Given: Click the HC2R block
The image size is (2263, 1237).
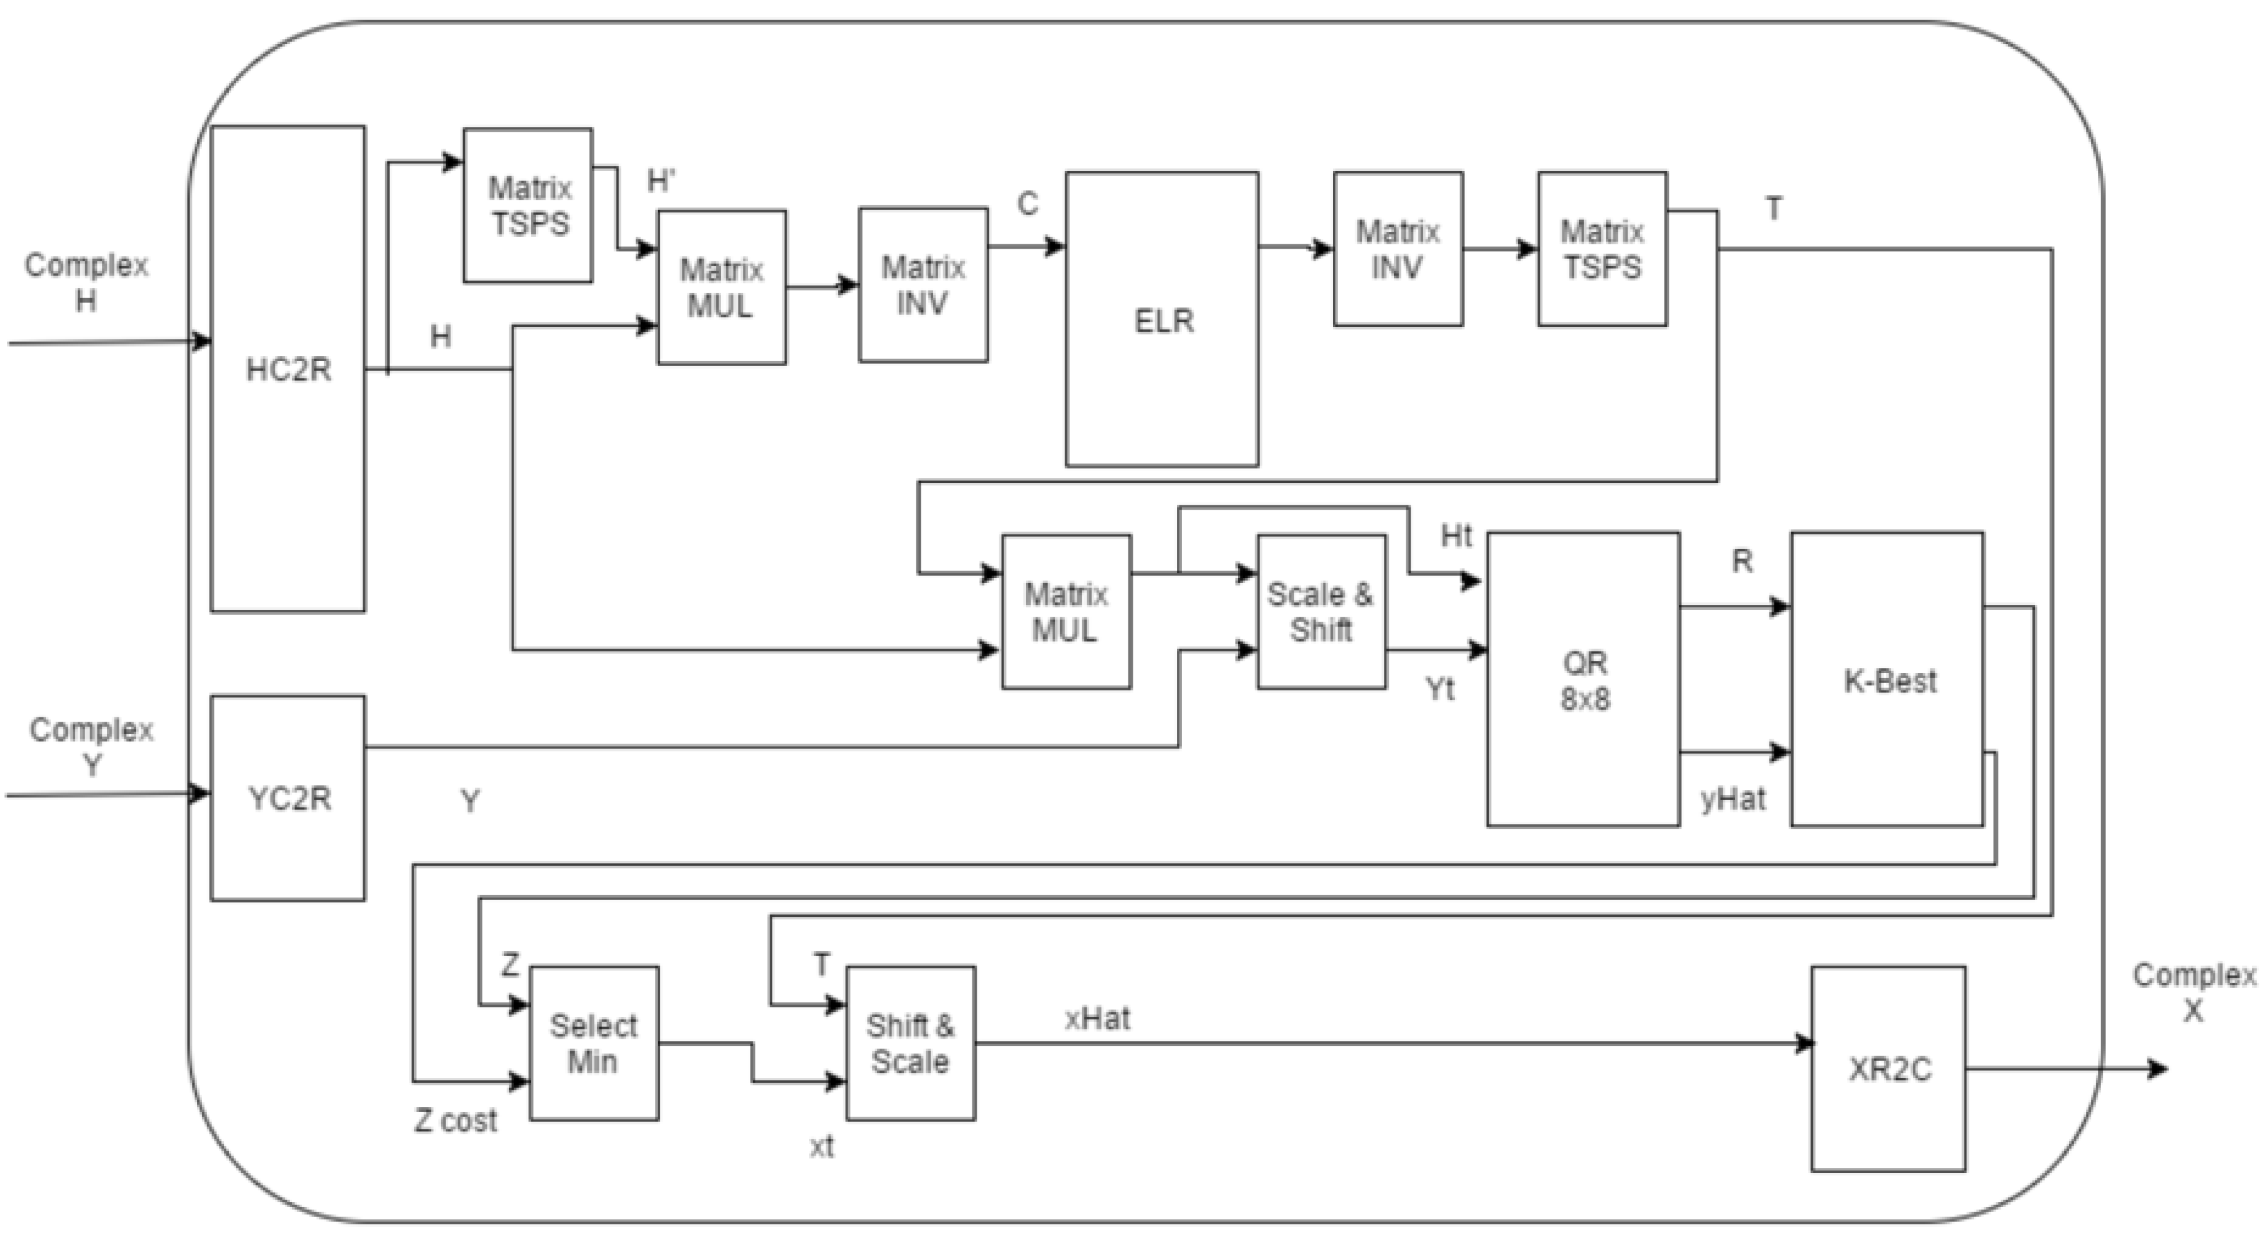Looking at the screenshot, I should tap(288, 369).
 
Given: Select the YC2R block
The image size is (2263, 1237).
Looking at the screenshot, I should tap(288, 798).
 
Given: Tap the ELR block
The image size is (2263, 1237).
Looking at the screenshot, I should tap(1162, 320).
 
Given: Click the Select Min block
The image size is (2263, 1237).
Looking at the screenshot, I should tap(594, 1044).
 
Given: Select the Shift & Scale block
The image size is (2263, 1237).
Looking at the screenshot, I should tap(910, 1044).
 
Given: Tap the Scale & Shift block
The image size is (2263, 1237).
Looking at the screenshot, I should tap(1321, 612).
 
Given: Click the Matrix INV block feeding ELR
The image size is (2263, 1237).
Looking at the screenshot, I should tap(923, 285).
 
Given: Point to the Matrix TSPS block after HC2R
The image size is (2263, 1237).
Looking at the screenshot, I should tap(528, 206).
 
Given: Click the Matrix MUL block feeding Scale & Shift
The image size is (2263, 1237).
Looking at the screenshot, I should tap(1066, 612).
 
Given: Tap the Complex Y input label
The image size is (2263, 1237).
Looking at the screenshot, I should tap(91, 747).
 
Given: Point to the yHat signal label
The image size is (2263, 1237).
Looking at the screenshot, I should tap(1733, 799).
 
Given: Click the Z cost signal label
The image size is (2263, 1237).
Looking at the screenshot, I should tap(455, 1121).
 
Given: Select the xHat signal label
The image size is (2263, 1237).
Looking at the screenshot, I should tap(1097, 1019).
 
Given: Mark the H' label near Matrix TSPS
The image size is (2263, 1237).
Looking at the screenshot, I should tap(661, 180).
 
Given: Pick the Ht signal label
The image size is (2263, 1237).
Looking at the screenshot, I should tap(1455, 535).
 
